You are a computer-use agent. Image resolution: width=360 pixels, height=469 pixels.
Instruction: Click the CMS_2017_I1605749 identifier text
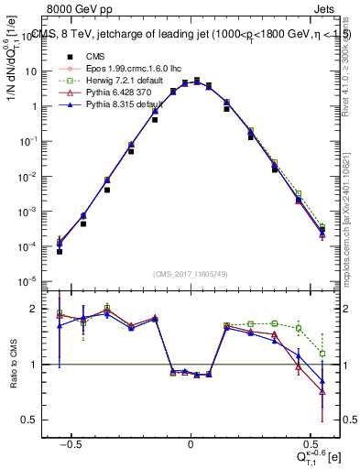[x=190, y=274]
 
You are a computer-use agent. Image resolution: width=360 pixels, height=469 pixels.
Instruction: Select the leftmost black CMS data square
[x=60, y=251]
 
